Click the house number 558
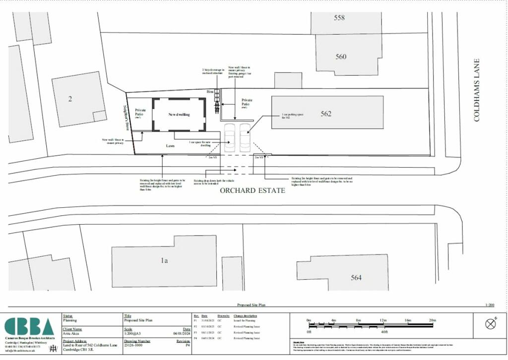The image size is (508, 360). (x=339, y=18)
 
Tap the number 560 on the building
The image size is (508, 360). (x=340, y=57)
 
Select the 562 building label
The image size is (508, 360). (x=325, y=114)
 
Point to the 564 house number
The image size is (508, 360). (x=356, y=278)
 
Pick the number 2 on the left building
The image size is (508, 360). (x=70, y=99)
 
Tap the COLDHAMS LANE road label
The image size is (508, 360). (x=477, y=90)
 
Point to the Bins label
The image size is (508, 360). (x=210, y=92)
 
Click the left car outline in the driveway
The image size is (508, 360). (x=230, y=138)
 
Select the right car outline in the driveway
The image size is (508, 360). (x=246, y=138)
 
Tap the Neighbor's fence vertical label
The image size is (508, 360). (x=126, y=119)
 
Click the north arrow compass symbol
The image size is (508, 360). (x=491, y=324)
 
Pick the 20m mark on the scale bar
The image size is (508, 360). (x=432, y=320)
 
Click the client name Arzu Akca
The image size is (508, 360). (x=73, y=334)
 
